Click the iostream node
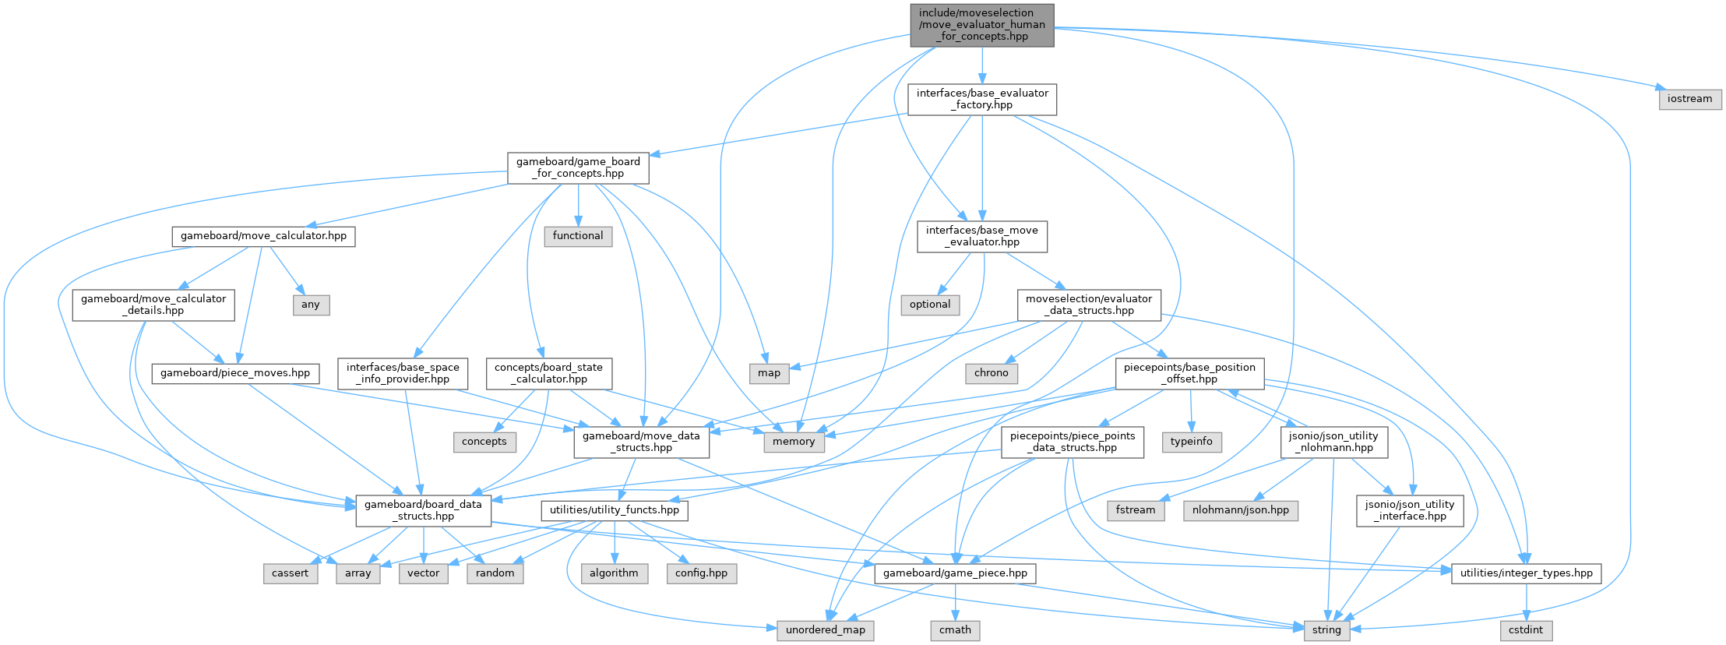click(x=1690, y=99)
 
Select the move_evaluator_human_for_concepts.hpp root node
click(x=981, y=25)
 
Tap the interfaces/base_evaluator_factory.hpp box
click(x=982, y=99)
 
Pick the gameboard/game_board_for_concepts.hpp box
click(x=578, y=167)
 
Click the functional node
click(x=578, y=236)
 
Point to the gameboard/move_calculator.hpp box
click(x=263, y=236)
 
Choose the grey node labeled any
click(x=311, y=305)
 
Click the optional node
click(x=930, y=305)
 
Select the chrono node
click(x=991, y=373)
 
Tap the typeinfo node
click(x=1192, y=442)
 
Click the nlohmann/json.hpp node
click(x=1241, y=510)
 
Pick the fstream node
click(x=1136, y=510)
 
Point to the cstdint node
click(x=1527, y=629)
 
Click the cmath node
click(x=955, y=629)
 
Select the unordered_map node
click(x=826, y=629)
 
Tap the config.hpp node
click(x=701, y=573)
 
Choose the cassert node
click(x=290, y=573)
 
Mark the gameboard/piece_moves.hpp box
click(x=235, y=373)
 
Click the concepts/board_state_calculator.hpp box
click(x=548, y=373)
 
